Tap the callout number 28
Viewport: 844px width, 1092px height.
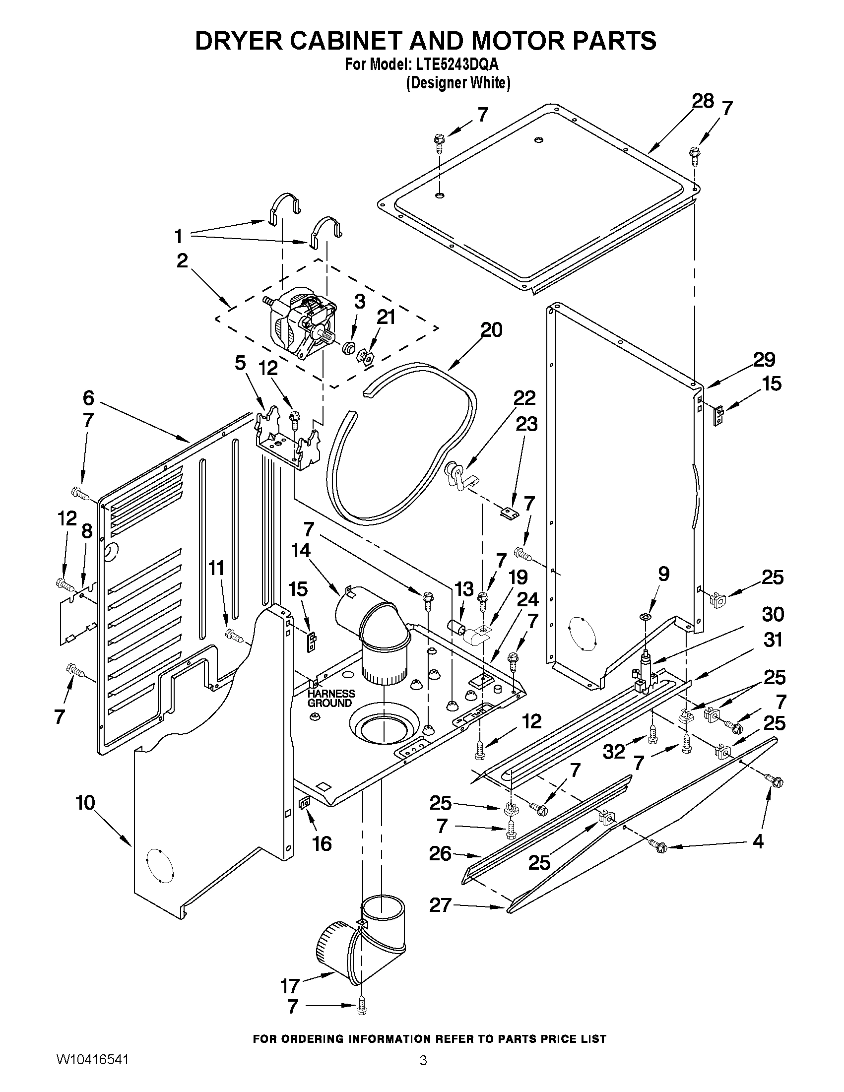pos(703,101)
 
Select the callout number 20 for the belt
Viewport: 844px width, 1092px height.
pos(491,330)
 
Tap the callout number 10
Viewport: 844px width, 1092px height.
pos(85,802)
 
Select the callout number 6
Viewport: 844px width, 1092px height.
pos(88,398)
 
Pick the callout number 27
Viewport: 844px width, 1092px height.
pos(440,905)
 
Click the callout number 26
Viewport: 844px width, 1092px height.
pos(440,853)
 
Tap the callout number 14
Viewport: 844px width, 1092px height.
pos(301,551)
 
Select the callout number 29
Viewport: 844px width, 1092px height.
pos(764,360)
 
